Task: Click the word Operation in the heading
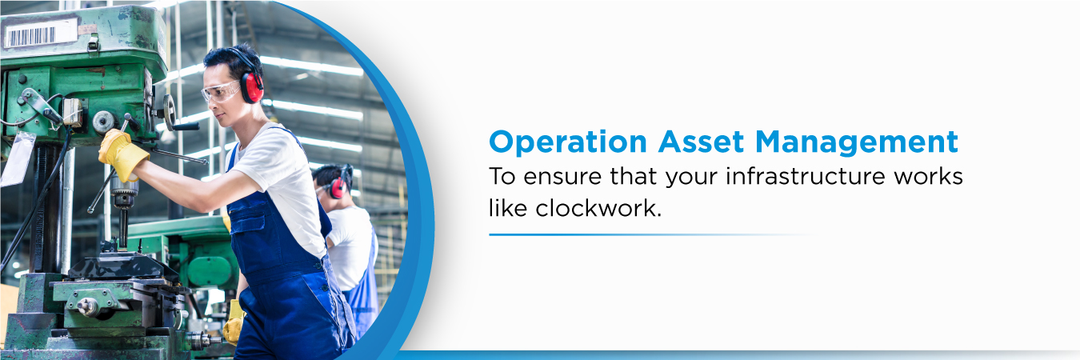(568, 142)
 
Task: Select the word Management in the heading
(857, 142)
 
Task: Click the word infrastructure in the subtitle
(805, 176)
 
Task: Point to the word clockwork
(598, 208)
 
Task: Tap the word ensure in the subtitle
(562, 178)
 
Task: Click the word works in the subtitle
(929, 176)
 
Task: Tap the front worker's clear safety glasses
(222, 91)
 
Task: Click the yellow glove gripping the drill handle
(122, 154)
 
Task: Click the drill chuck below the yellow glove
(123, 194)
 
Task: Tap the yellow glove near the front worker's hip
(234, 322)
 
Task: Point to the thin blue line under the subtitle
(651, 234)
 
